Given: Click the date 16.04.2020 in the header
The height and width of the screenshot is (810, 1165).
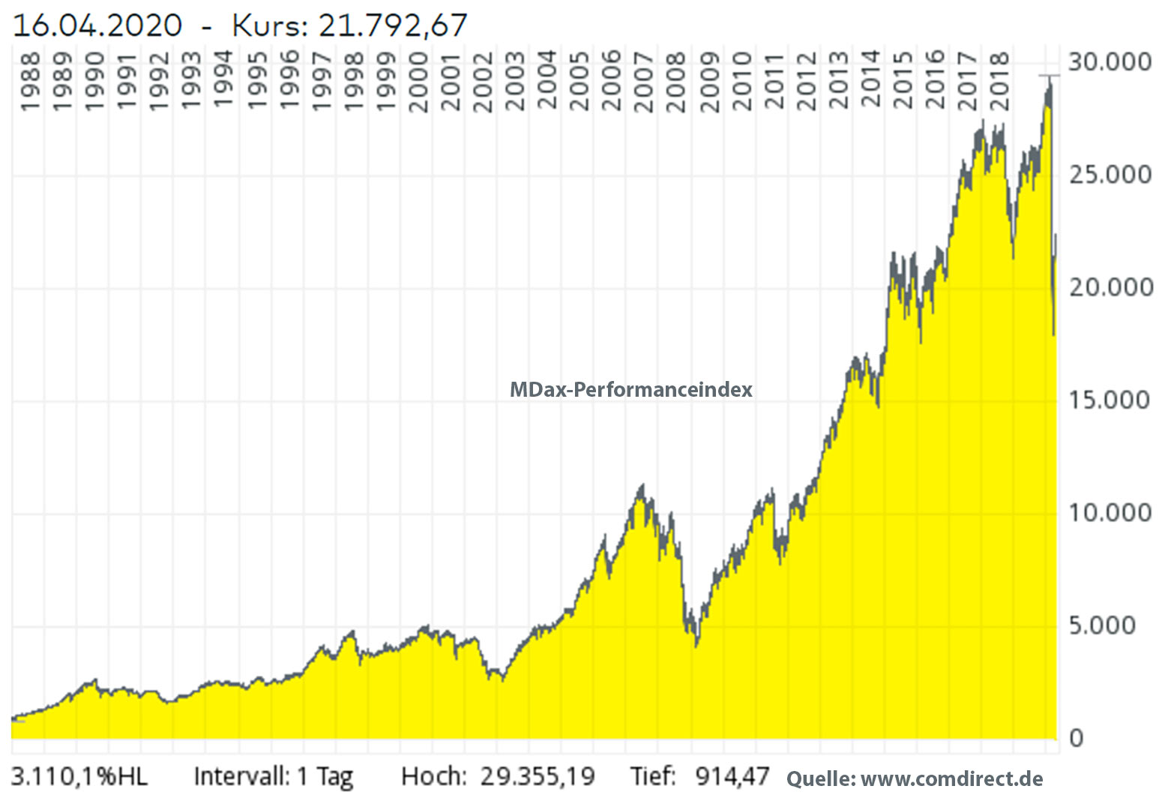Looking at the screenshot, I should [x=97, y=25].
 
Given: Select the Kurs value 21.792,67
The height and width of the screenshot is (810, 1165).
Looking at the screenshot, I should [x=393, y=25].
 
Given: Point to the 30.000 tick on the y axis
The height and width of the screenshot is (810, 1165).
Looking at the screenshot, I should [x=1110, y=61].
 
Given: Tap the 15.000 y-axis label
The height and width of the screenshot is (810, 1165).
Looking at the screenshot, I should [x=1110, y=400].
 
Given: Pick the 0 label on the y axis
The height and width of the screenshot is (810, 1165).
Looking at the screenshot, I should [x=1077, y=739].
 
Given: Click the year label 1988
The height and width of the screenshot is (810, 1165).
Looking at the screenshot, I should [x=30, y=82].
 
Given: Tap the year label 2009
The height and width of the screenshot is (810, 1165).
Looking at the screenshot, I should [x=710, y=82].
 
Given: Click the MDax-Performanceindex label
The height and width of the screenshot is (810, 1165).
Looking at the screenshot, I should [x=630, y=390].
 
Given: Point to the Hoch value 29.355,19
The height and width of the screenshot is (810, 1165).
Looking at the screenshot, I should [x=538, y=776].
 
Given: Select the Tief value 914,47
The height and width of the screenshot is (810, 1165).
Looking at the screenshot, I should [x=732, y=776].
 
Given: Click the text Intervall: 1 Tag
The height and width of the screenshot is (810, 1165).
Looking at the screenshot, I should [x=274, y=776].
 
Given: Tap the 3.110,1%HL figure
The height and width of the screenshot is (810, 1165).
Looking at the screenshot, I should [x=80, y=776].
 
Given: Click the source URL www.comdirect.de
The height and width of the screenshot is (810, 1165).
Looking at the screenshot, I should [x=951, y=778].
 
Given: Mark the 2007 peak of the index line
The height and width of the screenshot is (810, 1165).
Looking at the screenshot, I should [x=641, y=486].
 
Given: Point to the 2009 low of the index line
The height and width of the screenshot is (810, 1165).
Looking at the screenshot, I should [x=696, y=644].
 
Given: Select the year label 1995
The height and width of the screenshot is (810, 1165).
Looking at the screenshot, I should [x=257, y=82].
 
